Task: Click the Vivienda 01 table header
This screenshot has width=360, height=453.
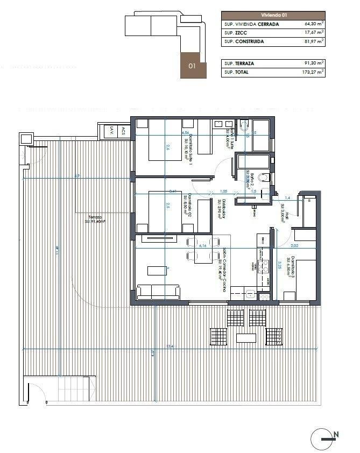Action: point(273,16)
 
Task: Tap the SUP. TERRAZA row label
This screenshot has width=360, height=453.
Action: point(239,63)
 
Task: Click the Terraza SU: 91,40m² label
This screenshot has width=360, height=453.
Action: point(94,219)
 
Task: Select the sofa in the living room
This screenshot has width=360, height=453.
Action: point(158,293)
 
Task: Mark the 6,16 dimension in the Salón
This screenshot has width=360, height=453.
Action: point(203,245)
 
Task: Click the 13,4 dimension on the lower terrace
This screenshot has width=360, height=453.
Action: point(171,346)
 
